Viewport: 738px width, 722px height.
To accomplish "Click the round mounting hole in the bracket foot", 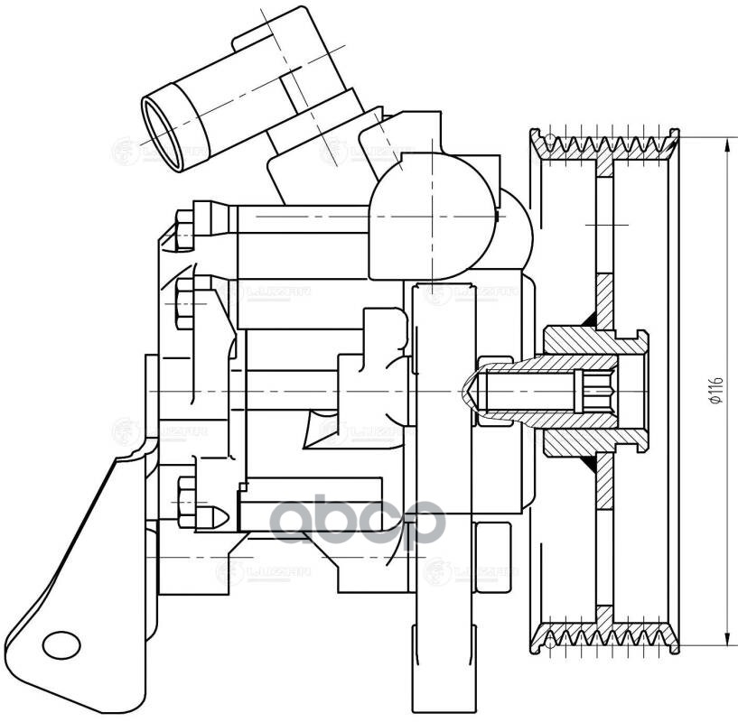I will point(61,643).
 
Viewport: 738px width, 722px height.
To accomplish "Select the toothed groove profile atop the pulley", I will point(607,144).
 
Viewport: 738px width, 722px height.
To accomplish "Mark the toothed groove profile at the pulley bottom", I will point(607,635).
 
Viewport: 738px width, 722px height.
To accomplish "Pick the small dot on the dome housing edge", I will point(498,216).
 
